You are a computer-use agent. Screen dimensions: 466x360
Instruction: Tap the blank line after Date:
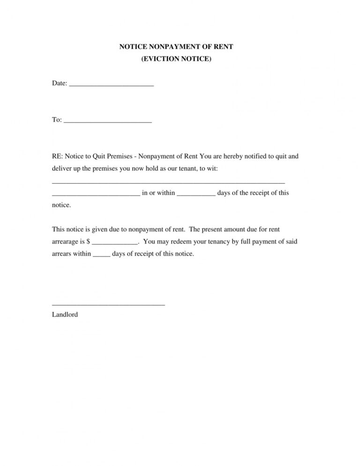click(112, 85)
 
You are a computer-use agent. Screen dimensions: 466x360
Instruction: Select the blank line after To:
click(107, 121)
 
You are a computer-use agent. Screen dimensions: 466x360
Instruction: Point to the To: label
click(57, 120)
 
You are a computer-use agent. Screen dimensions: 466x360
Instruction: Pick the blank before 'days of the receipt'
click(196, 194)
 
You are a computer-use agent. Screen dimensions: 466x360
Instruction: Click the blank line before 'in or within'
click(96, 194)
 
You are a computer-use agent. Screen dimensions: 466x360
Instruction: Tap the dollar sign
click(89, 242)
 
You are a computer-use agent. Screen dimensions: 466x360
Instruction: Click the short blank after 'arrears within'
click(102, 256)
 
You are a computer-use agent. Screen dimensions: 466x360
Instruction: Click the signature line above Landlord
click(108, 305)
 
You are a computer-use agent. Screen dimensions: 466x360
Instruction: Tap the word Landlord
click(65, 315)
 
